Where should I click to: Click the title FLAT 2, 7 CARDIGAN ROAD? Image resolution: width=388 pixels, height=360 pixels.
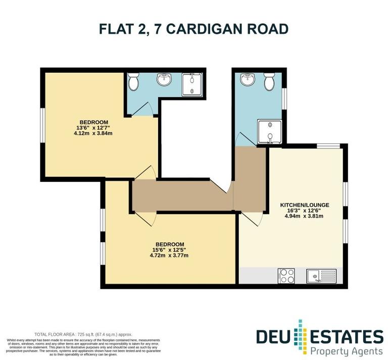[x=194, y=29]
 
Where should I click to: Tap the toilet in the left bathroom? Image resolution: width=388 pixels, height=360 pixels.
[x=134, y=82]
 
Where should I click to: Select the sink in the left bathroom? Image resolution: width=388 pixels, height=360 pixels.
[x=164, y=80]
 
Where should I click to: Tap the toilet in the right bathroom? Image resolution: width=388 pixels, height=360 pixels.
[x=269, y=80]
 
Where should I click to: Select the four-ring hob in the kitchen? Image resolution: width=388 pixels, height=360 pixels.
[x=286, y=276]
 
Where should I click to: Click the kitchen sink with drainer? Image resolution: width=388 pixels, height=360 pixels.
[x=321, y=276]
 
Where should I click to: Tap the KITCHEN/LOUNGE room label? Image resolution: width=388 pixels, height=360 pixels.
[x=305, y=205]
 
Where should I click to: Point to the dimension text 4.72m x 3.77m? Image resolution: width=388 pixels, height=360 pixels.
[x=169, y=255]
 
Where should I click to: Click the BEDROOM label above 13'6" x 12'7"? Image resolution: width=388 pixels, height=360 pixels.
[x=94, y=122]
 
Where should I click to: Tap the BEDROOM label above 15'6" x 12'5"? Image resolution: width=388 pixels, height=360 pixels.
[x=169, y=244]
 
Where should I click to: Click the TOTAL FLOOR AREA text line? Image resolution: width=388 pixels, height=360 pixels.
[x=83, y=334]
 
